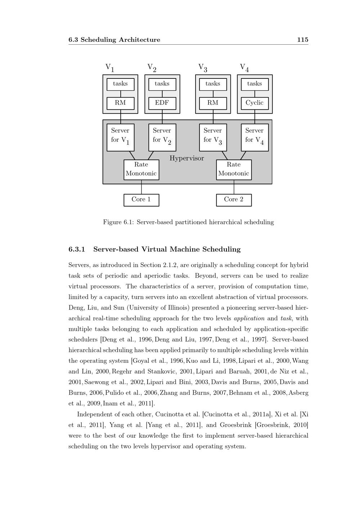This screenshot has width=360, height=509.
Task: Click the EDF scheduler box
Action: pyautogui.click(x=162, y=103)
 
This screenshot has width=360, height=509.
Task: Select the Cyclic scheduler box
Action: pyautogui.click(x=255, y=103)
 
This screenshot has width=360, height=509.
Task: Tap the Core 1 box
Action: pyautogui.click(x=141, y=200)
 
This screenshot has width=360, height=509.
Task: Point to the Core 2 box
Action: pyautogui.click(x=234, y=200)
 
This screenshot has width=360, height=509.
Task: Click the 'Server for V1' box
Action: pyautogui.click(x=120, y=137)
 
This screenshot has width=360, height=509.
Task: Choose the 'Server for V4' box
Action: pyautogui.click(x=255, y=137)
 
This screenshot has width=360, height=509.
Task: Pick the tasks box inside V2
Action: pyautogui.click(x=162, y=84)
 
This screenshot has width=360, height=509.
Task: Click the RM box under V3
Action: pyautogui.click(x=213, y=103)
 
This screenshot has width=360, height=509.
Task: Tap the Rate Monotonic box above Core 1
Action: pyautogui.click(x=141, y=169)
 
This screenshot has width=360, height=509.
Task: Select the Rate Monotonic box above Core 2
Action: pyautogui.click(x=234, y=169)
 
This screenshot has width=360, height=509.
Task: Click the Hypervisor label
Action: pyautogui.click(x=186, y=158)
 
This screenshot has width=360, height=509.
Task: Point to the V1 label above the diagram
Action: pyautogui.click(x=109, y=68)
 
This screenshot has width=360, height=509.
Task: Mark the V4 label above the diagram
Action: pyautogui.click(x=244, y=68)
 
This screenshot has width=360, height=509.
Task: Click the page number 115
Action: pyautogui.click(x=302, y=40)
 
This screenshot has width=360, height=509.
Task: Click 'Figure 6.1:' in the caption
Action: pyautogui.click(x=118, y=222)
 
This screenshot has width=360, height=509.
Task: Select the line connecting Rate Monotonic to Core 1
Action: pyautogui.click(x=141, y=187)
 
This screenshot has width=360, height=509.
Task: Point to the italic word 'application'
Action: pyautogui.click(x=249, y=318)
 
